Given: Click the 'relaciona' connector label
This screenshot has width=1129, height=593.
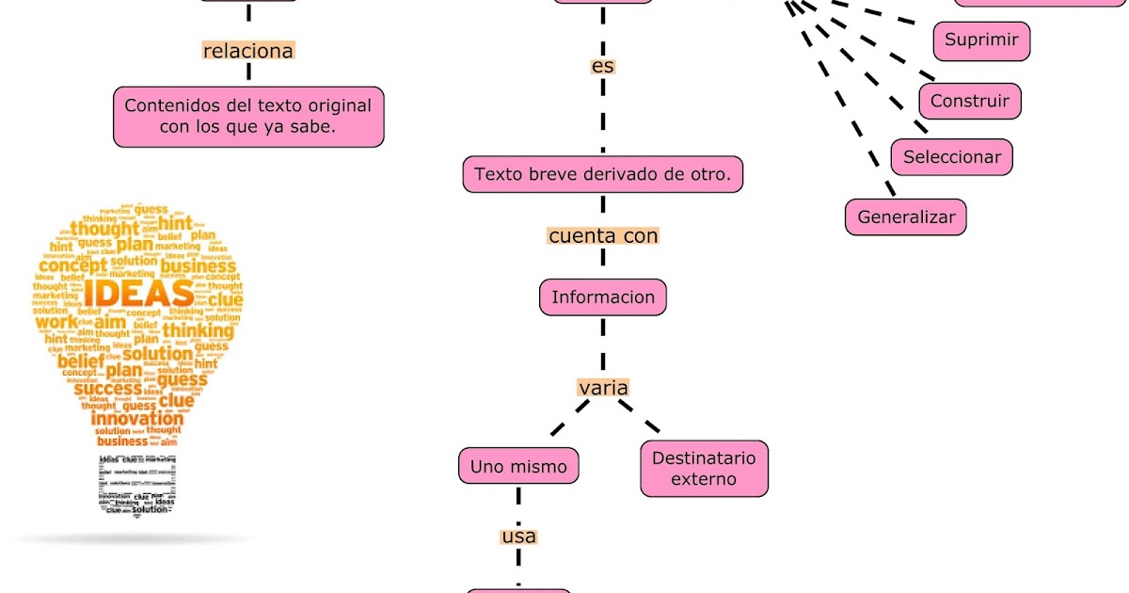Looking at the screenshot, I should pyautogui.click(x=248, y=51).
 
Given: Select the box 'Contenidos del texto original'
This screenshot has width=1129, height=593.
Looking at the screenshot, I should pyautogui.click(x=248, y=117).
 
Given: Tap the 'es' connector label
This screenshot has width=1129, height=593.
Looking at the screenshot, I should pyautogui.click(x=603, y=67).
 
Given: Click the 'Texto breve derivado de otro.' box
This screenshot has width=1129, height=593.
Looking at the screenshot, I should pyautogui.click(x=603, y=174).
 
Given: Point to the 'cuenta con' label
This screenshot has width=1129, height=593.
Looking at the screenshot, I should pyautogui.click(x=603, y=235).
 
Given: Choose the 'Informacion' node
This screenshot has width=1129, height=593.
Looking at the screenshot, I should pyautogui.click(x=603, y=297).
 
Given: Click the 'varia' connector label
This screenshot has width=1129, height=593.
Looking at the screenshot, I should pyautogui.click(x=603, y=388).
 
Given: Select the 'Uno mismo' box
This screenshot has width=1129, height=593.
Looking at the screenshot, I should pyautogui.click(x=518, y=466).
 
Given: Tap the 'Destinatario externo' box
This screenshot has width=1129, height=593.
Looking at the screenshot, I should pyautogui.click(x=704, y=469).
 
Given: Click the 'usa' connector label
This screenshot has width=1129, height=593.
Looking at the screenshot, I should pyautogui.click(x=518, y=537).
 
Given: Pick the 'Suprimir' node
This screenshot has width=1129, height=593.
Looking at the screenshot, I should pyautogui.click(x=981, y=40).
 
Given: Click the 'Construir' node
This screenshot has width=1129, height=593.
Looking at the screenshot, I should pyautogui.click(x=969, y=101).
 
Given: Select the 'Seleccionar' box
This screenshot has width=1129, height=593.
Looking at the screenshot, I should pyautogui.click(x=952, y=157).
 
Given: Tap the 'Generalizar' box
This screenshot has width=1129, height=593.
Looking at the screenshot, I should pyautogui.click(x=906, y=216).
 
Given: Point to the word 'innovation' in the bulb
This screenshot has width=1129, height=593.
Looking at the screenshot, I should pyautogui.click(x=137, y=418).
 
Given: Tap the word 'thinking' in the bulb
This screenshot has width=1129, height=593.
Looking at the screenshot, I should pyautogui.click(x=198, y=330).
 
